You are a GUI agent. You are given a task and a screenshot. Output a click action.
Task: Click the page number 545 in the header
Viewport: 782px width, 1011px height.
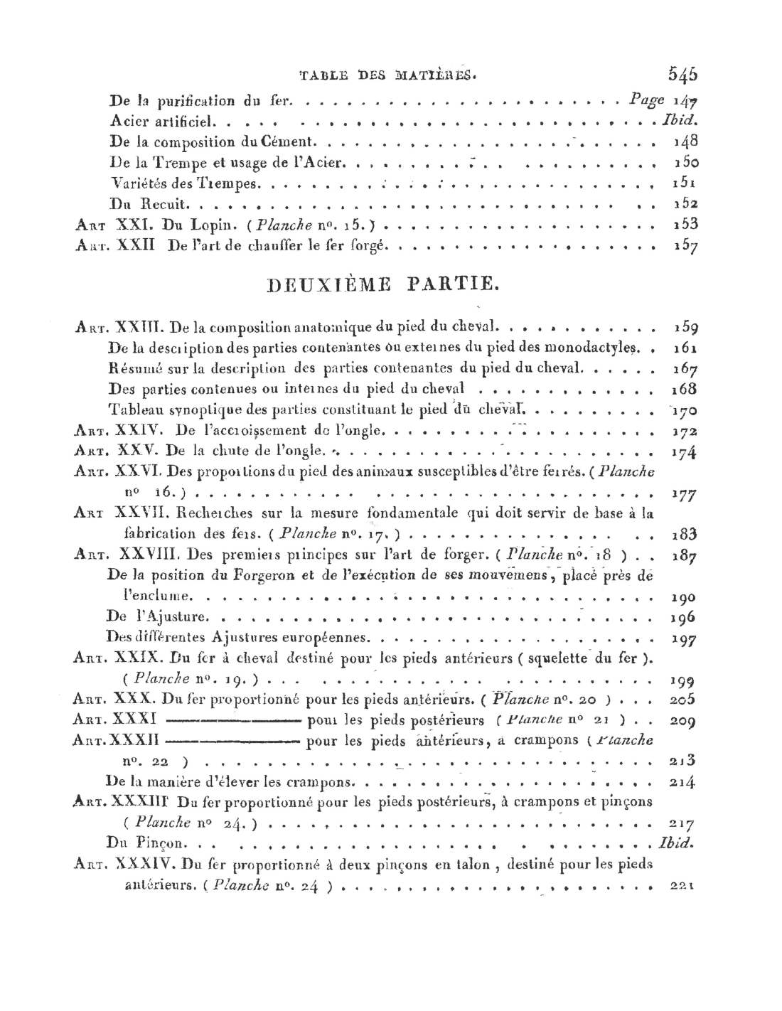pos(682,74)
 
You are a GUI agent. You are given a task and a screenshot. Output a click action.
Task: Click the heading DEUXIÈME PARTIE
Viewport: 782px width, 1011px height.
pos(388,285)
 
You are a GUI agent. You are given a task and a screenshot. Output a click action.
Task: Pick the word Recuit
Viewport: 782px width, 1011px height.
pos(163,205)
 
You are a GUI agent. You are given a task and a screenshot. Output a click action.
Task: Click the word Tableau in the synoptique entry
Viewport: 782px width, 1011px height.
pos(135,410)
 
